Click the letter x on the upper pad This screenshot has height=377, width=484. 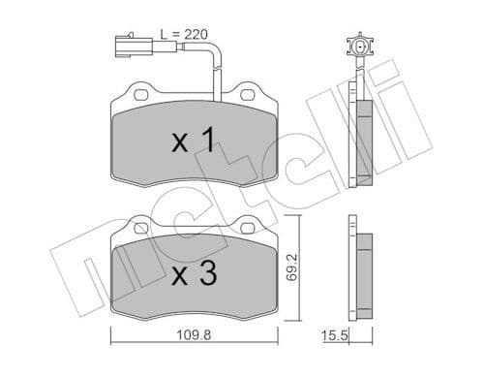pos(179,145)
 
